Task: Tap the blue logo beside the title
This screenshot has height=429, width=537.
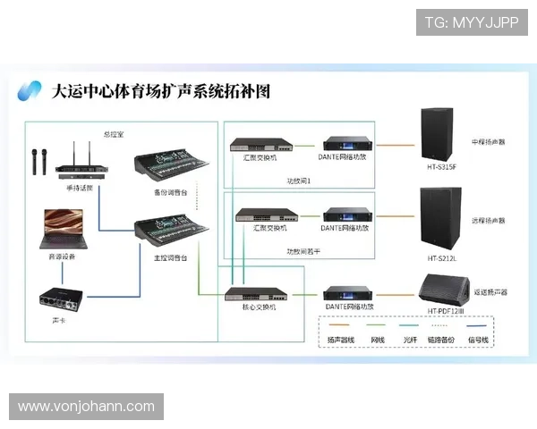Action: coord(30,90)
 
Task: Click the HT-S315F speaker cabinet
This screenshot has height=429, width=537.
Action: coord(442,135)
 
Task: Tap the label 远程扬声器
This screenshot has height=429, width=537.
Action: coord(488,220)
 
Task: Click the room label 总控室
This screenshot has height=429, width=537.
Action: coord(114,134)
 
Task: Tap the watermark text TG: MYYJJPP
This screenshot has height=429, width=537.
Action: coord(471,21)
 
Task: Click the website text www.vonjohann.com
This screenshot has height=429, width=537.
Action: coord(86,407)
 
